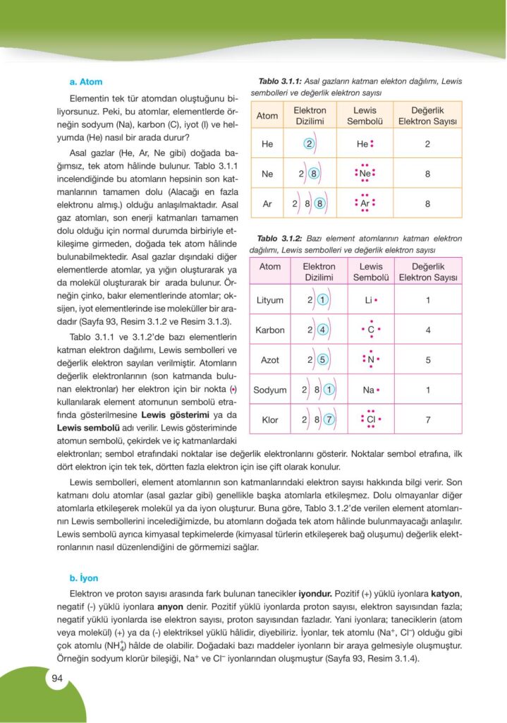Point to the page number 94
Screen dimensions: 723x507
[57, 679]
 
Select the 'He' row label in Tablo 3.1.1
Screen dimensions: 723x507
[267, 144]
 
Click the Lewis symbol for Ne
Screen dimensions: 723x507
[365, 174]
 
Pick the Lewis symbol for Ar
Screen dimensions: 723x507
[365, 203]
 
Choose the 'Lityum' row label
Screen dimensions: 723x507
[270, 300]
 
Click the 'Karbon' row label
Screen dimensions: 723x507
[270, 330]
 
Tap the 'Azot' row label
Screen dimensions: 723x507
[270, 360]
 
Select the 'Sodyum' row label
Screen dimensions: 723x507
[270, 390]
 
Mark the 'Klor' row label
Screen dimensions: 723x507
[270, 419]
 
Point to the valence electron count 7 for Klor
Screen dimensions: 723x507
[427, 419]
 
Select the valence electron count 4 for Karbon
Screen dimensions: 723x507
[427, 330]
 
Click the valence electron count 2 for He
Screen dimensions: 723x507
[427, 144]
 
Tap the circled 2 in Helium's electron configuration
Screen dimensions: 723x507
[309, 144]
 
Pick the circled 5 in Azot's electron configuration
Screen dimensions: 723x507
[322, 360]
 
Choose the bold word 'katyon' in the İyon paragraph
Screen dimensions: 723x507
[445, 594]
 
